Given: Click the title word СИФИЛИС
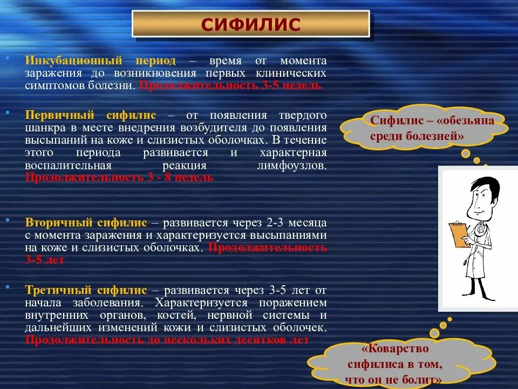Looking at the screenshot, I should (250, 25).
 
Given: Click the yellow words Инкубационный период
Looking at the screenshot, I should (100, 61).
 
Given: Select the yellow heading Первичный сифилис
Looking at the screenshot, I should (91, 115).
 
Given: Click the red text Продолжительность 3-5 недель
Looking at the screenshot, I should (230, 85).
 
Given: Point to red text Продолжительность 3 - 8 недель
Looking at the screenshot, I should (119, 177).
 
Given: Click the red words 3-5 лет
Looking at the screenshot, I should (45, 260).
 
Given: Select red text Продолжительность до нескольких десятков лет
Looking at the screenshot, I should (167, 340).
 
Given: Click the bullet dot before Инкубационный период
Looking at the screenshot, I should (7, 57).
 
